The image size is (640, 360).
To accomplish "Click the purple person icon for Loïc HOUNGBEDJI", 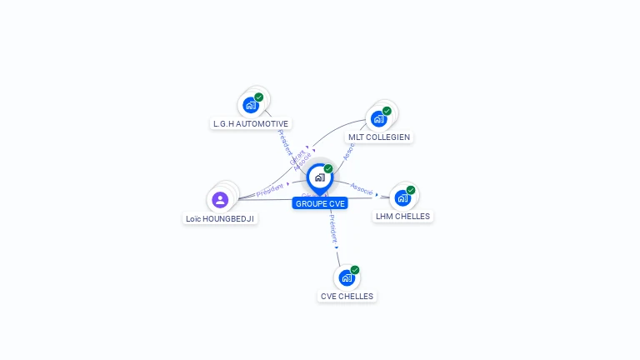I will coord(220,199).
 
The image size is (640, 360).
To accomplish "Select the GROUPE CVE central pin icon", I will coord(319,177).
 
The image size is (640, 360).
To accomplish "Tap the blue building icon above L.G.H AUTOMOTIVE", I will coord(250,105).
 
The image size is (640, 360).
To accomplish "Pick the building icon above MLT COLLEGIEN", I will coord(379,118).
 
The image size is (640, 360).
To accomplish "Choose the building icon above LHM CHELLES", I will coord(402,197).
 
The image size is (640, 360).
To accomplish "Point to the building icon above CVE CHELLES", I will coord(347,277).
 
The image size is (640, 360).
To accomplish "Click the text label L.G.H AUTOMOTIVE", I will coord(251,123).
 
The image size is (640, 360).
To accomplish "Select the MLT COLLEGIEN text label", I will coord(379,137).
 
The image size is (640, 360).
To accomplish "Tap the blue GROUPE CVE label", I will coord(320,203).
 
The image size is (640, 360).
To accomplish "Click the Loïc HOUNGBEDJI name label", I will coord(220,218).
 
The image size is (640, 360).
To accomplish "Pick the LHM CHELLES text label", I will coord(403,216).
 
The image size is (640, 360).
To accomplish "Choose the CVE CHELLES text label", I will coord(347,296).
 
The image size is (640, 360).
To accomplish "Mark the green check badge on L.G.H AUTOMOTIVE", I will coord(259,97).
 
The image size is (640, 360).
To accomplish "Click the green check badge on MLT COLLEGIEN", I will coord(387,111).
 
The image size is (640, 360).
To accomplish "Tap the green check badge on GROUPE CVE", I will coord(328,169).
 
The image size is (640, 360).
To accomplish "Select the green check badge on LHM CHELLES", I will coord(411,190).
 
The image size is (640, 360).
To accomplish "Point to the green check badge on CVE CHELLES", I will coord(355,270).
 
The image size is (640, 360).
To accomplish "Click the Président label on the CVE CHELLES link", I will coord(332,231).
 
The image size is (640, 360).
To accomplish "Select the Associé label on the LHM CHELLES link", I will coord(362,188).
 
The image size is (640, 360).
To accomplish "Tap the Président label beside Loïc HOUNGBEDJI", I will coord(270,190).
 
